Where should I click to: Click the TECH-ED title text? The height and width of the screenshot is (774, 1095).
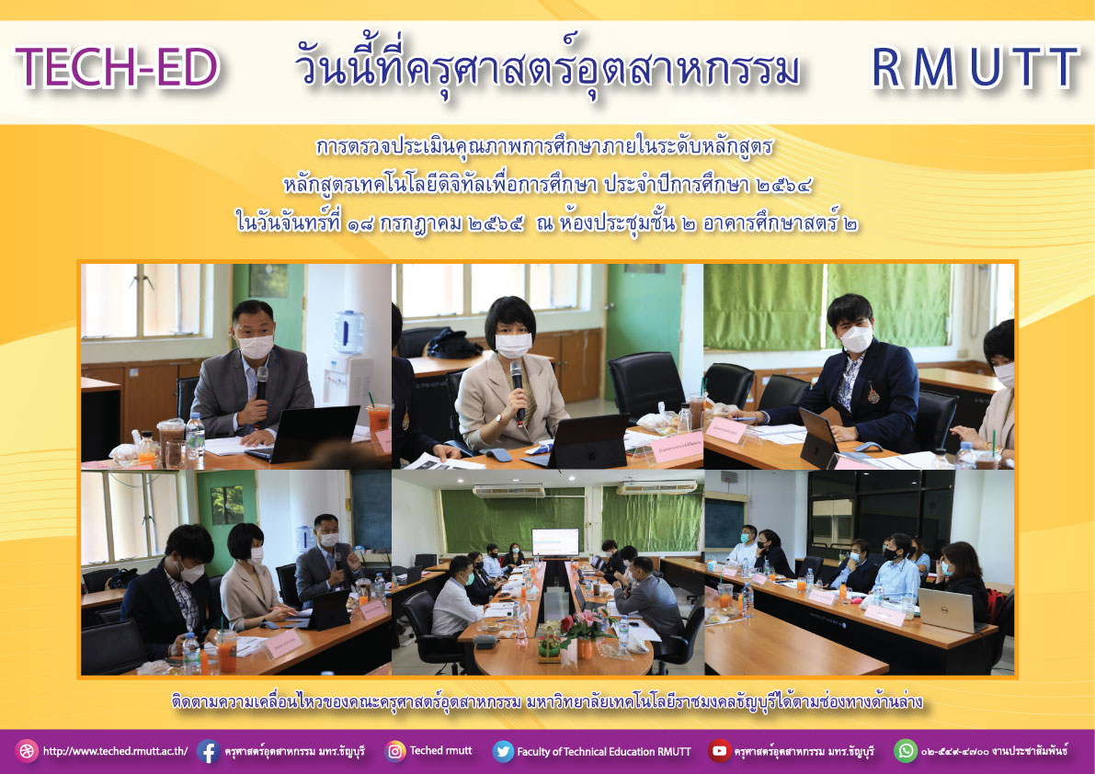coord(118,68)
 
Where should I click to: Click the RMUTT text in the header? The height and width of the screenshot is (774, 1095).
coord(975,68)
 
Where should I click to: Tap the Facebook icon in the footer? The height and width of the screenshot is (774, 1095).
coord(208,751)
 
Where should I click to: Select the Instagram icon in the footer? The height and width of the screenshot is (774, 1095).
coord(394,751)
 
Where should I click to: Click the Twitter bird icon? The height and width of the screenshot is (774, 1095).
coord(503,751)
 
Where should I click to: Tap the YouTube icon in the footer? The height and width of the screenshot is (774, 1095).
coord(719,751)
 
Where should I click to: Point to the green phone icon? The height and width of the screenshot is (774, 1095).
coord(906,751)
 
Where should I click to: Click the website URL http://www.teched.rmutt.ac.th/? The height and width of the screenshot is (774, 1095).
coord(115,752)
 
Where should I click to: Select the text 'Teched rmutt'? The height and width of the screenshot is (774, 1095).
coord(440,751)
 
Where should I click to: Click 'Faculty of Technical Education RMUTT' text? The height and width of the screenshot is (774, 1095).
coord(604,752)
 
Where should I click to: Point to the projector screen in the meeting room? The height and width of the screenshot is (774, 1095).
coord(555,542)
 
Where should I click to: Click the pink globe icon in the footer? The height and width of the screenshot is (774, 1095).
coord(27,751)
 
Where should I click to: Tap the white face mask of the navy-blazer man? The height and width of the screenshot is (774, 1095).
coord(857,339)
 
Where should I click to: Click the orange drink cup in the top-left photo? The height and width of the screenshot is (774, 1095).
coord(379,420)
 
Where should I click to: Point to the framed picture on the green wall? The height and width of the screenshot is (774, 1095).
coord(268,279)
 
